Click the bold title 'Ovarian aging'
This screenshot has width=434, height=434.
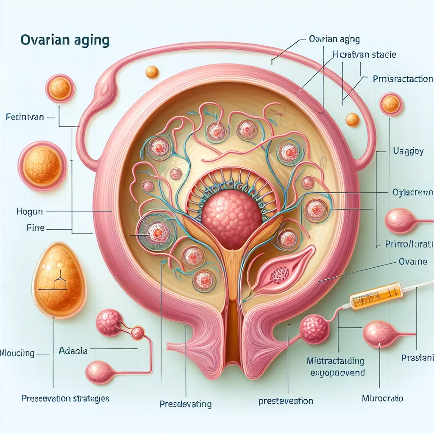64,41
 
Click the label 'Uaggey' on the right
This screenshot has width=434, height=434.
406,151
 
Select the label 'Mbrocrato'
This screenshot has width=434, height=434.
383,398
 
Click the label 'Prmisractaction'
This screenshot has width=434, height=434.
403,79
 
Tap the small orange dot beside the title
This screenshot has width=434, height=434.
152,72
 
